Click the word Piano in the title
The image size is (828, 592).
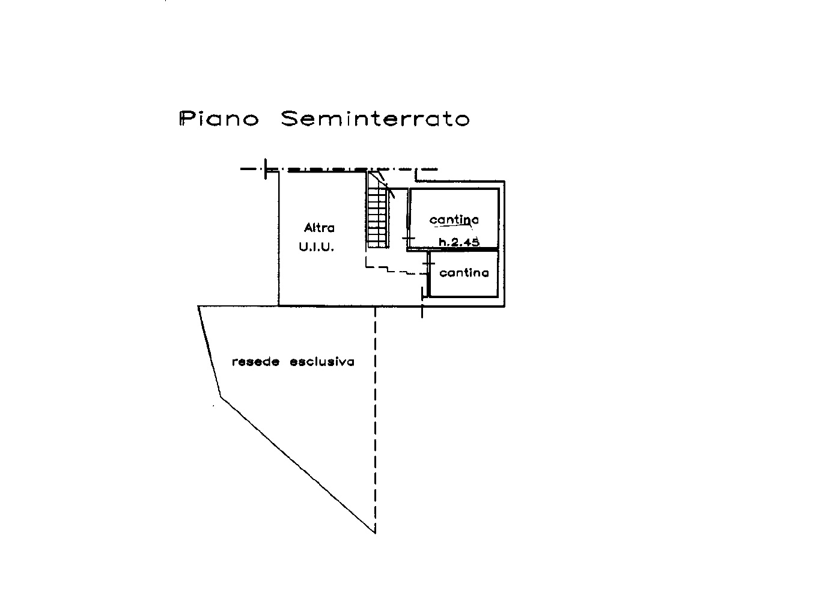tap(219, 118)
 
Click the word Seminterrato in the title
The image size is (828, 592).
tap(375, 118)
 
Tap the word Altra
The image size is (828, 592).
tap(319, 227)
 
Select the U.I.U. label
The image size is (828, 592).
tap(317, 247)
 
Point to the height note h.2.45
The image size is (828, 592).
tap(459, 242)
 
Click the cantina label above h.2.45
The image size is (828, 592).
tap(454, 219)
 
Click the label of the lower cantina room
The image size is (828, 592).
tap(464, 273)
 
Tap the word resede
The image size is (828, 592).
tap(255, 362)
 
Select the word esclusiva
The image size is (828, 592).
tap(322, 362)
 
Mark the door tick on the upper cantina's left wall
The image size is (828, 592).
tap(408, 238)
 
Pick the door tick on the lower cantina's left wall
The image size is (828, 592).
tap(428, 263)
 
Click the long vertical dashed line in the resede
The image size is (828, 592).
tap(375, 420)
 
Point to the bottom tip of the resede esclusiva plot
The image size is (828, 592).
tap(375, 533)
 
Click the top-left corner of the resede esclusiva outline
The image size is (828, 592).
tap(198, 306)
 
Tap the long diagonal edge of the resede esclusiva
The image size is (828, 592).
tap(298, 465)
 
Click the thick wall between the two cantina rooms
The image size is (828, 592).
tap(453, 249)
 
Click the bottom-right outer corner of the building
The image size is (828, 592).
tap(505, 307)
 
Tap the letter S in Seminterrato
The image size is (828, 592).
tap(291, 118)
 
